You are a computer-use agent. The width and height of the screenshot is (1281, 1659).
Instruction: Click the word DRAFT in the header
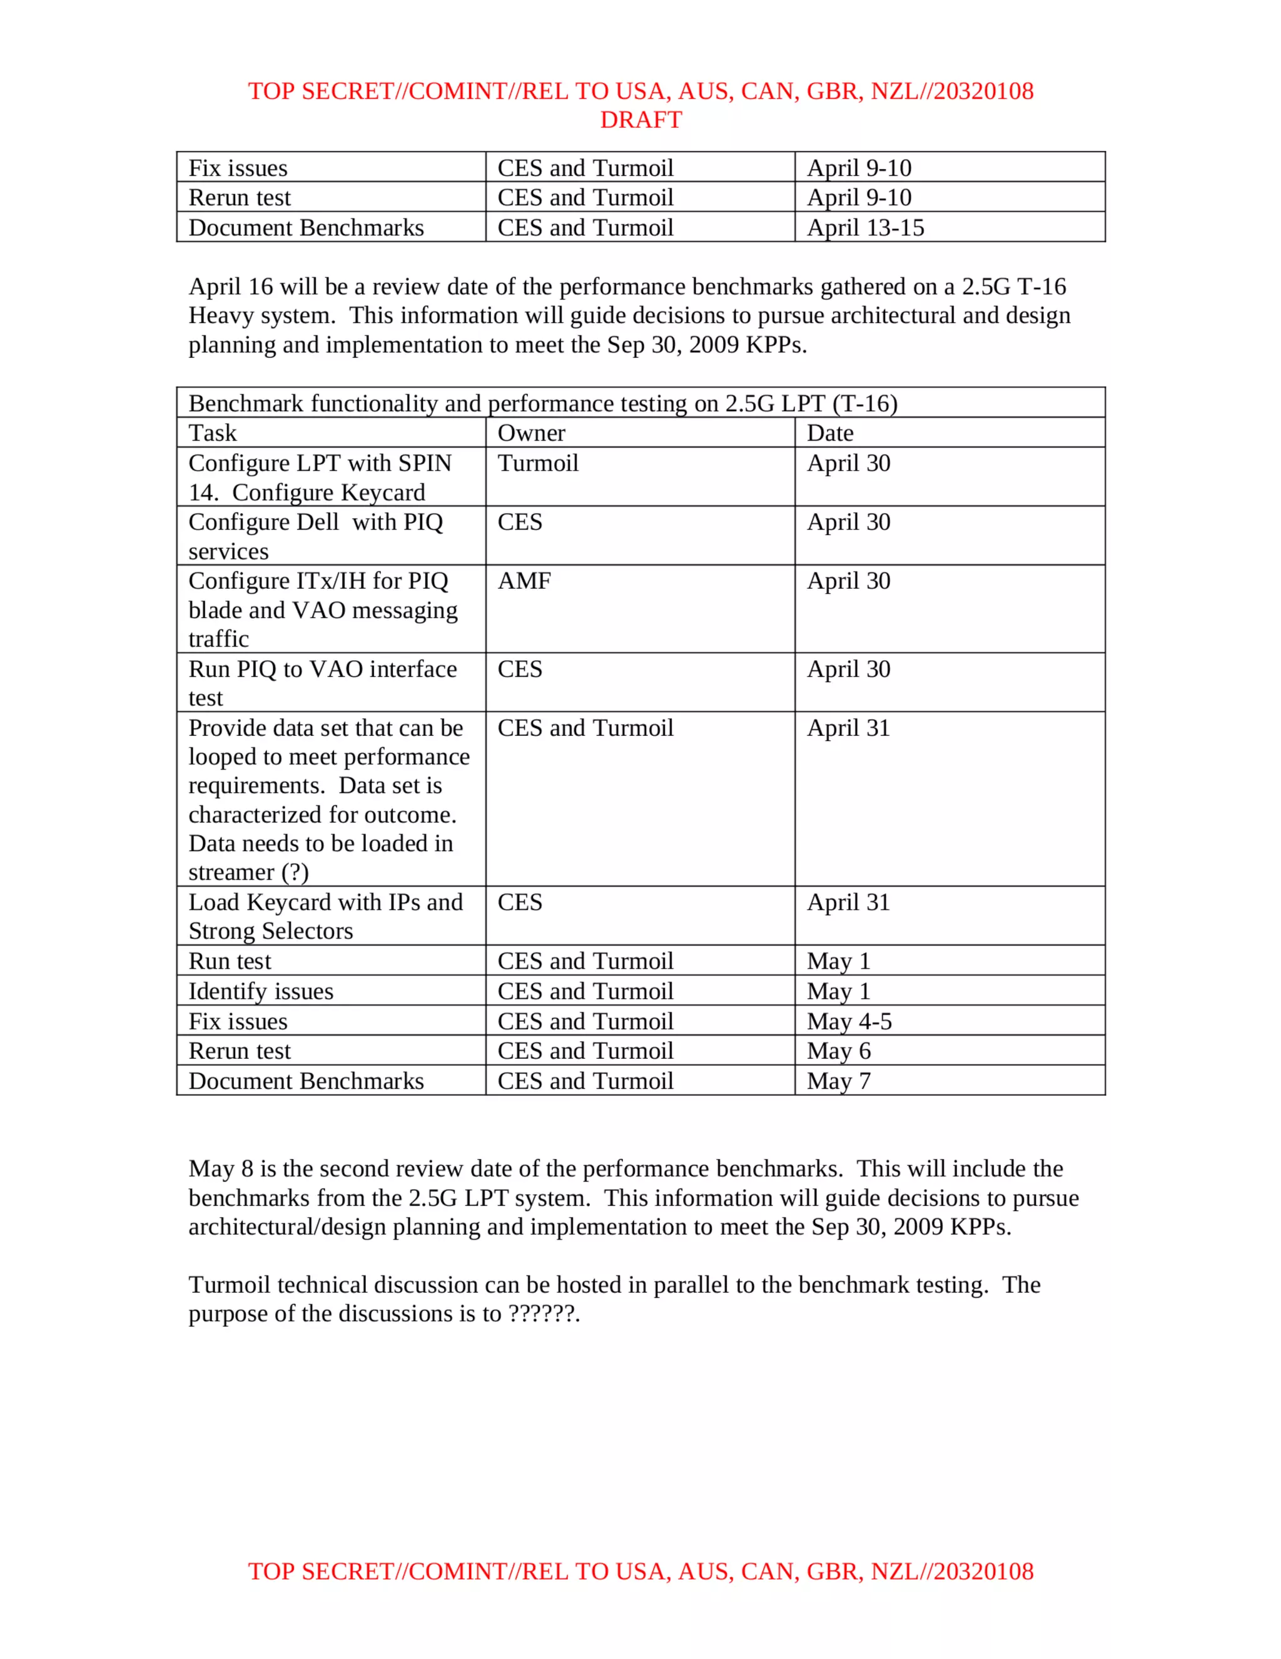(640, 120)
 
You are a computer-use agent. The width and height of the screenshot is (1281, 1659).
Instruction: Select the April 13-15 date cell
(865, 228)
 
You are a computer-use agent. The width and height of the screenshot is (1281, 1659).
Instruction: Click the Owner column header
(531, 433)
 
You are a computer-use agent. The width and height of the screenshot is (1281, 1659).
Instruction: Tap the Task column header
(213, 433)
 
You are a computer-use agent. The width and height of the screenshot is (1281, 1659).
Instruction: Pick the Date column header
(829, 433)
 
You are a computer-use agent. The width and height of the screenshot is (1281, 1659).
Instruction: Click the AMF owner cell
(524, 581)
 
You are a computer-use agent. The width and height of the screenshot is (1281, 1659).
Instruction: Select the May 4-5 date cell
(848, 1021)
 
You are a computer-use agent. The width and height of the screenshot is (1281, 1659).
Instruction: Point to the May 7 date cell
(838, 1081)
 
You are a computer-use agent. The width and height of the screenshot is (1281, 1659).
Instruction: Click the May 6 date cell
(838, 1051)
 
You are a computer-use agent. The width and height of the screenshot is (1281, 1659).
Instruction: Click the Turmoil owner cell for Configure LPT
(538, 463)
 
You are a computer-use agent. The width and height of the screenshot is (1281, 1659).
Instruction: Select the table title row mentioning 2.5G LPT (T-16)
(542, 404)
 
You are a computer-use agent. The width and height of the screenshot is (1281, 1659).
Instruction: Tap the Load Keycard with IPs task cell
(325, 916)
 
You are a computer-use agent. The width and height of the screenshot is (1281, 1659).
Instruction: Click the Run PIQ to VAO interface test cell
(322, 683)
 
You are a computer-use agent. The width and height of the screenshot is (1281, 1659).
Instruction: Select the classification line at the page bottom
(640, 1571)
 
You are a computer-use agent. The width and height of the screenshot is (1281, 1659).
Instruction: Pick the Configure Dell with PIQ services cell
(315, 536)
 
